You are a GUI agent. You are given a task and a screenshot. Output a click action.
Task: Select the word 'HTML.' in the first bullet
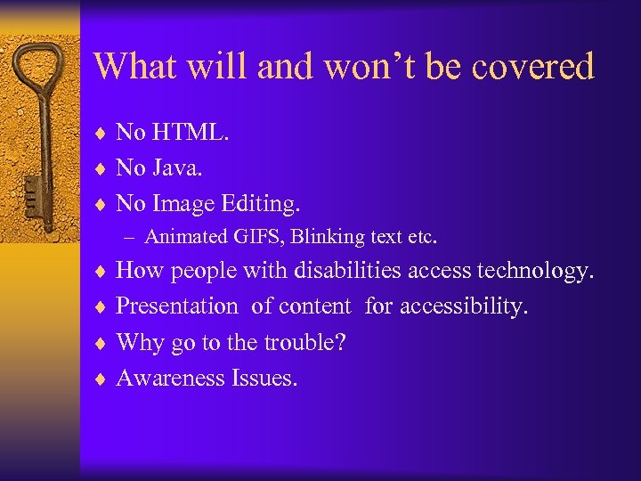pos(191,133)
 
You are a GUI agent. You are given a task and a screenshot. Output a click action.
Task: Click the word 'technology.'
pos(540,271)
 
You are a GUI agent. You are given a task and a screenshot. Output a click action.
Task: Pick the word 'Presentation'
pos(177,306)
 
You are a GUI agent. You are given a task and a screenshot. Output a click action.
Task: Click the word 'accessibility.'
pos(464,306)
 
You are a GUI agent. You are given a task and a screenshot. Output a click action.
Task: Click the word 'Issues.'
pos(264,378)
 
